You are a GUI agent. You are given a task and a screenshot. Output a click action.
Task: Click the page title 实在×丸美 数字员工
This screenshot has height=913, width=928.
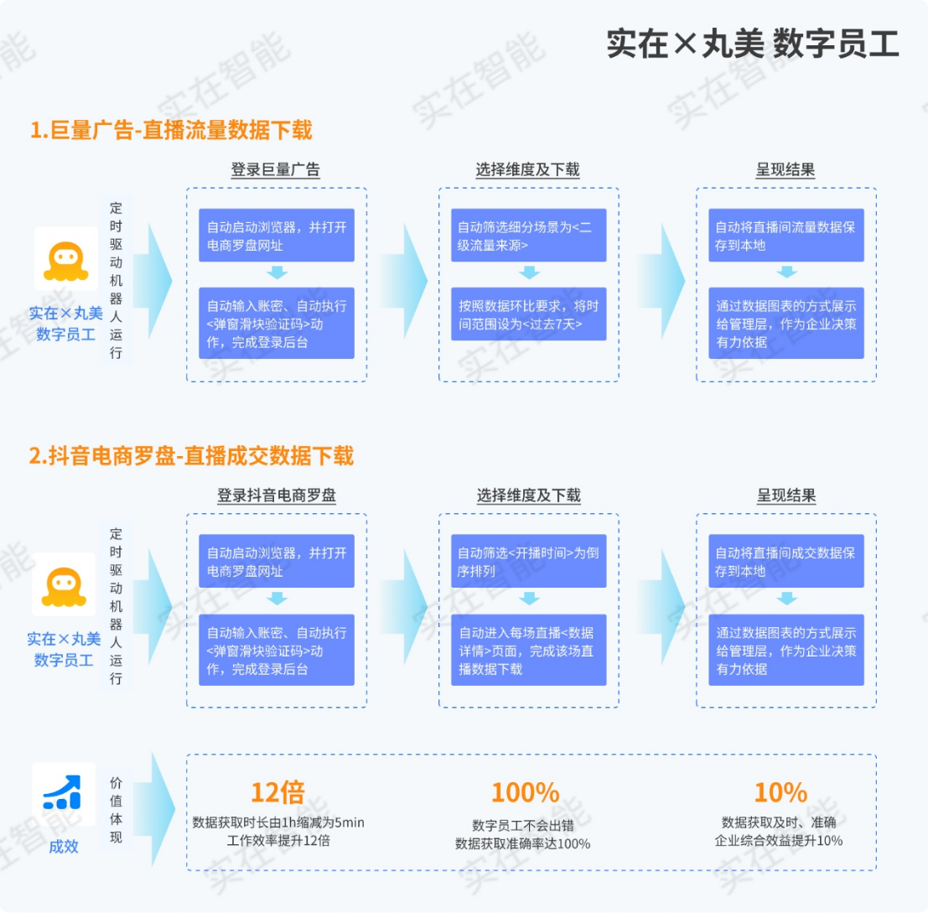[752, 44]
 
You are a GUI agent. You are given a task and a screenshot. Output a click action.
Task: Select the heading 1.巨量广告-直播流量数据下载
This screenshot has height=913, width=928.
[171, 132]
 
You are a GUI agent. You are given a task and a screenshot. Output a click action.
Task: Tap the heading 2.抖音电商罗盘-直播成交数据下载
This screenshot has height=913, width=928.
[192, 456]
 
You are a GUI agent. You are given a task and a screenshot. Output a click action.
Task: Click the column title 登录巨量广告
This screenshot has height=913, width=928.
[275, 169]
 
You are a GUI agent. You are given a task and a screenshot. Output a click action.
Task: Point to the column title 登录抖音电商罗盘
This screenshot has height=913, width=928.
[276, 495]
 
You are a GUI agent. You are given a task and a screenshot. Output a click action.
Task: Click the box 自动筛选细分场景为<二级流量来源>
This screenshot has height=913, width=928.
[528, 236]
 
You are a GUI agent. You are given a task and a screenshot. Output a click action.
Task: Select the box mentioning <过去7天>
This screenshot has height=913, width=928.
[528, 314]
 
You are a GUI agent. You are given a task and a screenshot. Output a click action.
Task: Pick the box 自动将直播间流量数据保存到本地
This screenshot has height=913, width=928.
[785, 236]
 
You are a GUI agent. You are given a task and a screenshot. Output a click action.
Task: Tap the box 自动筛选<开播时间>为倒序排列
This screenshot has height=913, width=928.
[528, 562]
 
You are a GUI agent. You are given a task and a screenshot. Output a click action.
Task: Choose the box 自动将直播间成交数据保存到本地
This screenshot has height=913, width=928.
[785, 562]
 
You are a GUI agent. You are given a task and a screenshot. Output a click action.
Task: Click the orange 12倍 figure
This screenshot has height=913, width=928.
[277, 791]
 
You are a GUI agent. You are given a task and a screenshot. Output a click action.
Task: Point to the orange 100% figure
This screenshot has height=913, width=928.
[525, 792]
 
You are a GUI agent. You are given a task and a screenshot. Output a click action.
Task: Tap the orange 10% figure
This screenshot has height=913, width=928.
[780, 792]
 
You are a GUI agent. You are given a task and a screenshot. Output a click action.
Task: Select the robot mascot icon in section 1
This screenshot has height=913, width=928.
[65, 258]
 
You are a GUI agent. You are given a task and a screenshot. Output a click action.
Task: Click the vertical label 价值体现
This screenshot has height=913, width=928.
[116, 809]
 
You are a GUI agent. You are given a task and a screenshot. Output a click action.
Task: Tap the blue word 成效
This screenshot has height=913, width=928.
[64, 846]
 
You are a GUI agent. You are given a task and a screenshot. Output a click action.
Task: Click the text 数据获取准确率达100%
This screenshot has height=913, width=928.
[523, 843]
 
